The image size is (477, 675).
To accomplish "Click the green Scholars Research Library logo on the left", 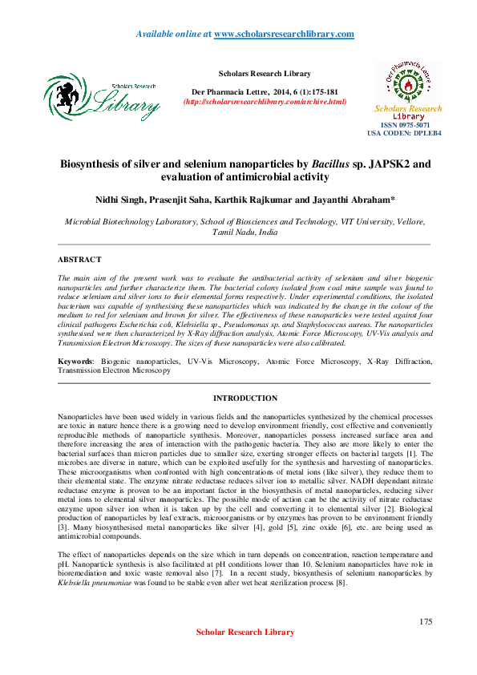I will coord(102,96).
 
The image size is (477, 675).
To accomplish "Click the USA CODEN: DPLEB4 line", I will coord(404,134).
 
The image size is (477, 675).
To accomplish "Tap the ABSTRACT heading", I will coord(79,260).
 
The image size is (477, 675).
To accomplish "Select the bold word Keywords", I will coord(75,362).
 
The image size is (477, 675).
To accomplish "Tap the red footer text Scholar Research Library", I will coord(245,655).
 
